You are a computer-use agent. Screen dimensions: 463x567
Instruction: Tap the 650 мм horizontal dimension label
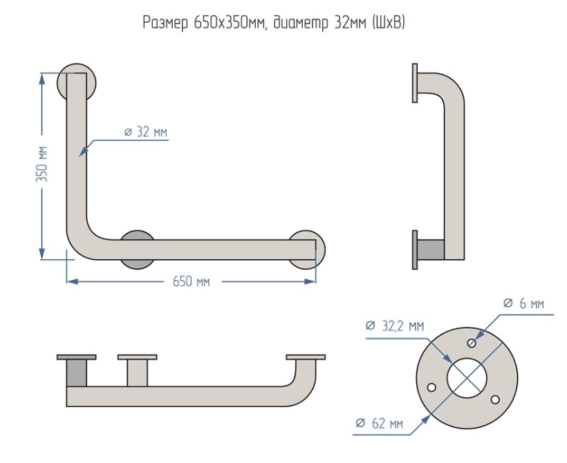pyautogui.click(x=191, y=281)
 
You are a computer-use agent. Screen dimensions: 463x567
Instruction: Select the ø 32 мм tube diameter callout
pyautogui.click(x=145, y=132)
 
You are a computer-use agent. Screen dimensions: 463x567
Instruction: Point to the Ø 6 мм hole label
pyautogui.click(x=523, y=303)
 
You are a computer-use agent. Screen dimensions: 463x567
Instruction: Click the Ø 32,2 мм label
pyautogui.click(x=394, y=326)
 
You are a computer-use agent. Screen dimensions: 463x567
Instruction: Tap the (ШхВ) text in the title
pyautogui.click(x=388, y=23)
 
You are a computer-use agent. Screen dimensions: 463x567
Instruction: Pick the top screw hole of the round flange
pyautogui.click(x=472, y=343)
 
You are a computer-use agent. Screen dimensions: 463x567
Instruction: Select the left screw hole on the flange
pyautogui.click(x=432, y=387)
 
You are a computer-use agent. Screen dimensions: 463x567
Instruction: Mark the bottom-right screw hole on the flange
pyautogui.click(x=494, y=399)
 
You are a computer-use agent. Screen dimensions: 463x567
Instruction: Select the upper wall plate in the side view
pyautogui.click(x=415, y=83)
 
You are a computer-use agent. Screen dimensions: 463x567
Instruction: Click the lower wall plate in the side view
pyautogui.click(x=415, y=249)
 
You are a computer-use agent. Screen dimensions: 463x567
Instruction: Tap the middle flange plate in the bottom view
pyautogui.click(x=138, y=357)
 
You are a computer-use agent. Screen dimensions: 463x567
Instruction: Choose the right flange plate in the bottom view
pyautogui.click(x=305, y=357)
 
